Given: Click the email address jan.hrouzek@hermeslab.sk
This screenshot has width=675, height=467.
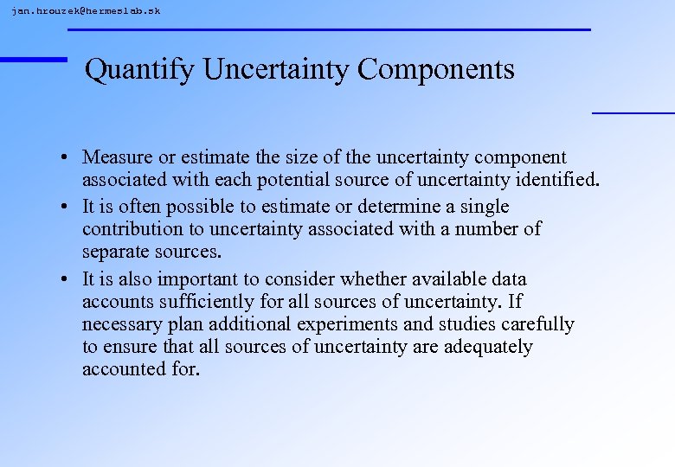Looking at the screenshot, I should pos(86,10).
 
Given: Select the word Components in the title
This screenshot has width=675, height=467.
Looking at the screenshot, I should pos(436,69).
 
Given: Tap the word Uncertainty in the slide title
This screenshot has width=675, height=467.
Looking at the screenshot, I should pos(277,69).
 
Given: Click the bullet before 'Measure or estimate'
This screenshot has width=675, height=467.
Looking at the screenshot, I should pos(65,158).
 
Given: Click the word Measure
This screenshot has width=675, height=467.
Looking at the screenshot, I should pos(116,157).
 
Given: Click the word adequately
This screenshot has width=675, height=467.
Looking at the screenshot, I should pos(488,347).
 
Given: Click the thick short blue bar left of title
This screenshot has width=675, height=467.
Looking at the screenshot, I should pos(33,59).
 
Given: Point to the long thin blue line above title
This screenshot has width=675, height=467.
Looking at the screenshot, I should pos(329,29).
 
